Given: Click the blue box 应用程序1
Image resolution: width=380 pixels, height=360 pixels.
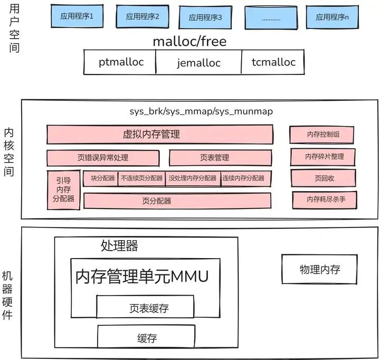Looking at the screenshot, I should (x=77, y=16).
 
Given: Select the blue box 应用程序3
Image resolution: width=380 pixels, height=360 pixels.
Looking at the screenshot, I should (x=205, y=17).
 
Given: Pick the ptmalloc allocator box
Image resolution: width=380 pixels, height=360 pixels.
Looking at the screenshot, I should (x=121, y=62).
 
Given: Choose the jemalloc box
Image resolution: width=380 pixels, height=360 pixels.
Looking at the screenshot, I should (x=198, y=63).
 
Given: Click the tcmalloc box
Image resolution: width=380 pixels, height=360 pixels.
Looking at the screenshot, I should (x=273, y=62).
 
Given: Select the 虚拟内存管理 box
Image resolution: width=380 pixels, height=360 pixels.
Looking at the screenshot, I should (x=159, y=134).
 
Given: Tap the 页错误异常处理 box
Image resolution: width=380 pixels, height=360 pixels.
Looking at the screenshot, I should (x=102, y=158).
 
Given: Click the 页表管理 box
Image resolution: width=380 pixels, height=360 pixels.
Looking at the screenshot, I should (x=221, y=158).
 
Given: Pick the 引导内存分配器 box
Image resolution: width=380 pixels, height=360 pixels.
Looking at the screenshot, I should (x=63, y=190).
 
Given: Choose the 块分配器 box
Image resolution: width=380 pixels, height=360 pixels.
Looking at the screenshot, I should (x=100, y=178).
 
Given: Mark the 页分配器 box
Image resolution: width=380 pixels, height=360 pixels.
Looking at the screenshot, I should (x=177, y=201).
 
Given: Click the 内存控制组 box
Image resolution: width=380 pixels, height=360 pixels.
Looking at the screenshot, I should (x=322, y=135).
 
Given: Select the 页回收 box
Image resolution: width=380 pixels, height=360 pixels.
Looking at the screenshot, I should (x=324, y=178).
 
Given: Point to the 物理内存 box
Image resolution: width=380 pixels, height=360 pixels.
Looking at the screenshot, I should (x=319, y=269).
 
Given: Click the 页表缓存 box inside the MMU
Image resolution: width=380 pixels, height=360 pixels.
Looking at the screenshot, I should (x=149, y=308).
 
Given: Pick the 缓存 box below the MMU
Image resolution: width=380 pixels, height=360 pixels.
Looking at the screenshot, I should (x=147, y=338).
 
